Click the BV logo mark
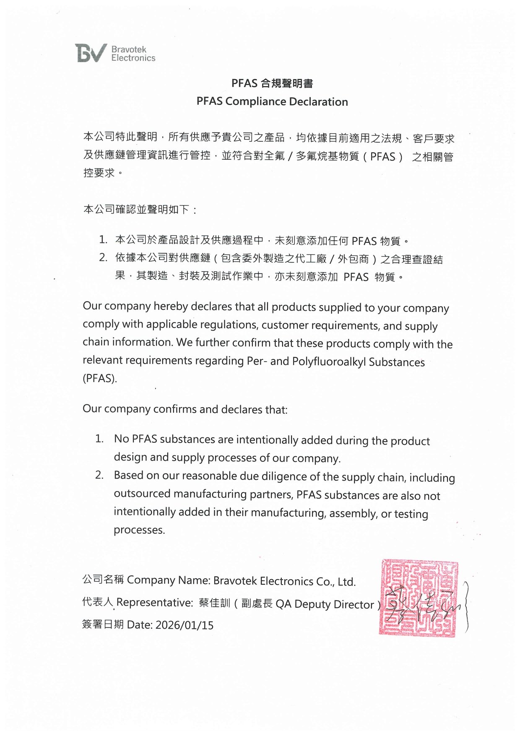point(90,53)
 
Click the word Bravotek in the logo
point(129,49)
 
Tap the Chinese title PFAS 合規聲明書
point(272,83)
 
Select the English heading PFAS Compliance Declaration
point(272,101)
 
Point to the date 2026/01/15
point(185,625)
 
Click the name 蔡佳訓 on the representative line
point(215,603)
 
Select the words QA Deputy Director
point(324,604)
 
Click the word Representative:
point(154,603)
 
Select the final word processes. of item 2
point(139,530)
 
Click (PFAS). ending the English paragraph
point(100,378)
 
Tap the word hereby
point(171,307)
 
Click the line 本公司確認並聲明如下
point(140,209)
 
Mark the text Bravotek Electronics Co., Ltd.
point(284,581)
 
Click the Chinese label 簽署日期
point(103,624)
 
